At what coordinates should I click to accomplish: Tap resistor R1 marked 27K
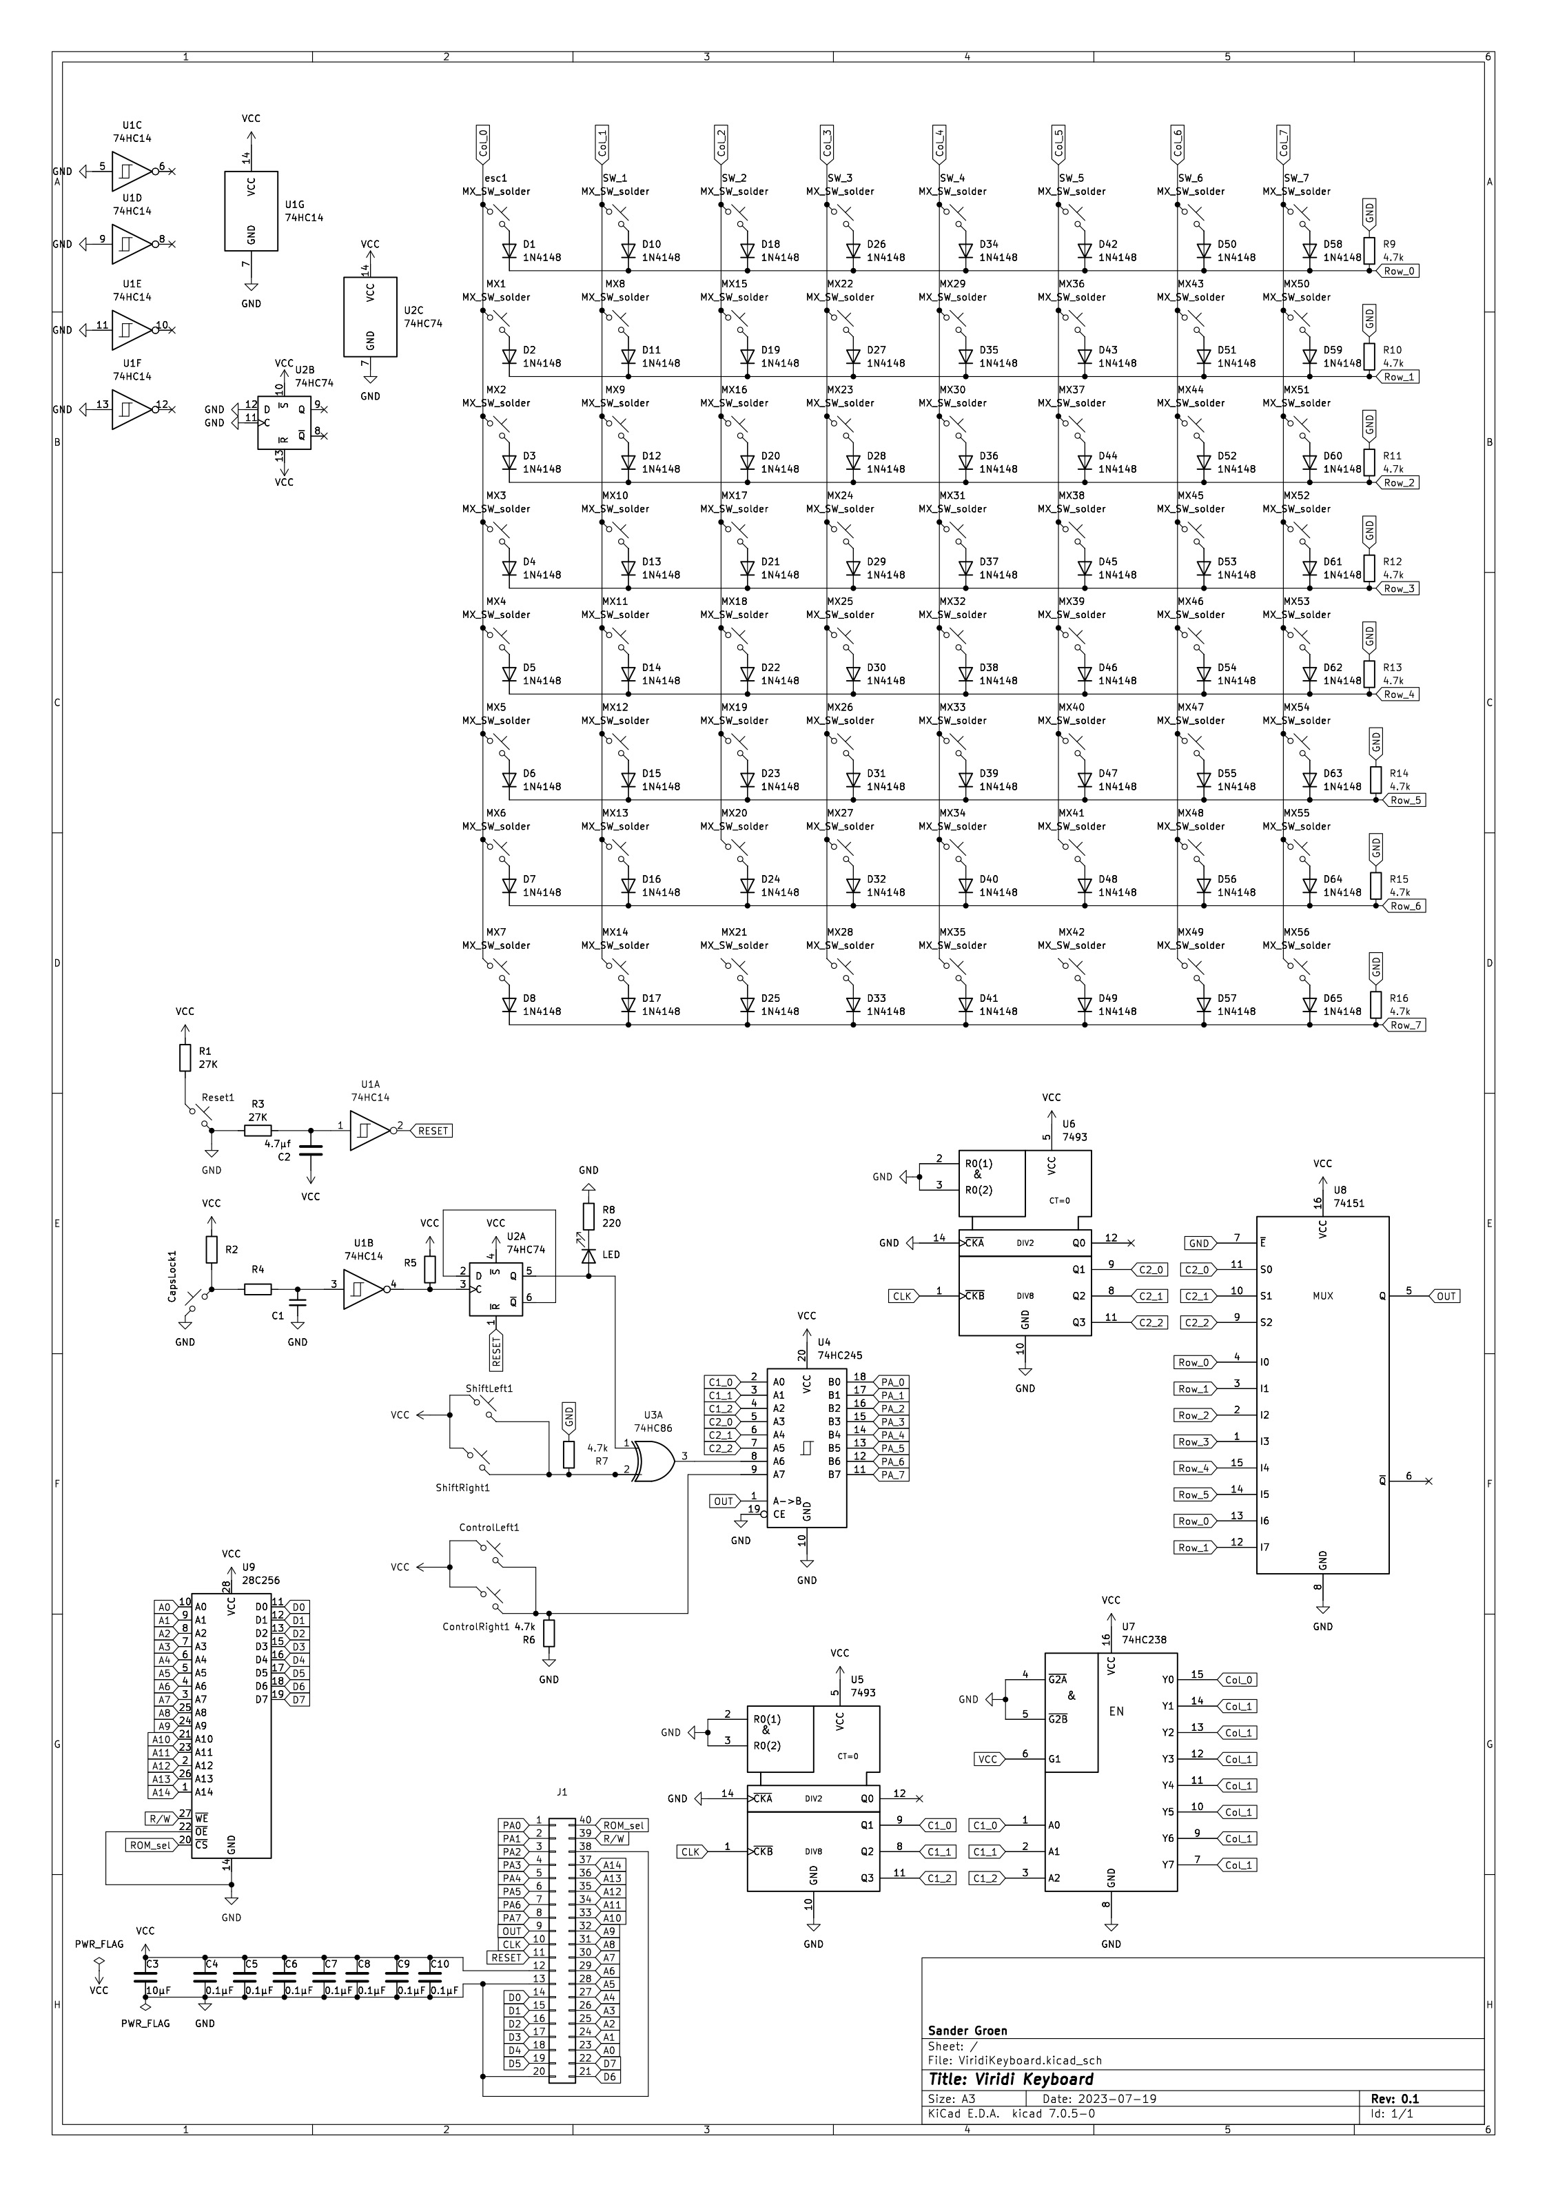pyautogui.click(x=185, y=1057)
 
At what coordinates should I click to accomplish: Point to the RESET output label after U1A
pyautogui.click(x=433, y=1131)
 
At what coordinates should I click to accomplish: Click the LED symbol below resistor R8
pyautogui.click(x=588, y=1255)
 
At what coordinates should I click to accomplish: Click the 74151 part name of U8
pyautogui.click(x=1349, y=1203)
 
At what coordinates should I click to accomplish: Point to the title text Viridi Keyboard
pyautogui.click(x=1011, y=2080)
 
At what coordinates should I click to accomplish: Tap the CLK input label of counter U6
pyautogui.click(x=901, y=1295)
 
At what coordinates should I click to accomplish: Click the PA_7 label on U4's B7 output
pyautogui.click(x=892, y=1475)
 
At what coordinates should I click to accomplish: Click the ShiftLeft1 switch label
pyautogui.click(x=489, y=1389)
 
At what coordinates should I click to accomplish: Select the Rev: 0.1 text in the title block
pyautogui.click(x=1395, y=2098)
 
